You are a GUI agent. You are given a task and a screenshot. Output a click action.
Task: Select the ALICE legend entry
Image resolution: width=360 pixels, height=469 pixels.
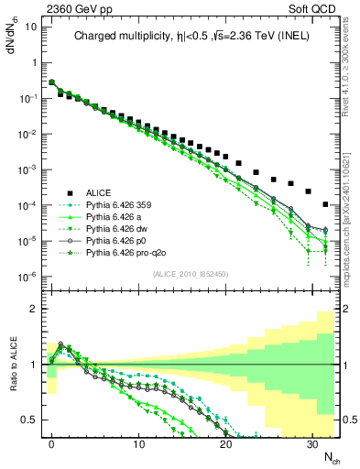(x=99, y=192)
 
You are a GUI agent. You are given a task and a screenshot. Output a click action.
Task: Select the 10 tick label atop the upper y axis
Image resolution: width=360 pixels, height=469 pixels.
(x=31, y=27)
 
